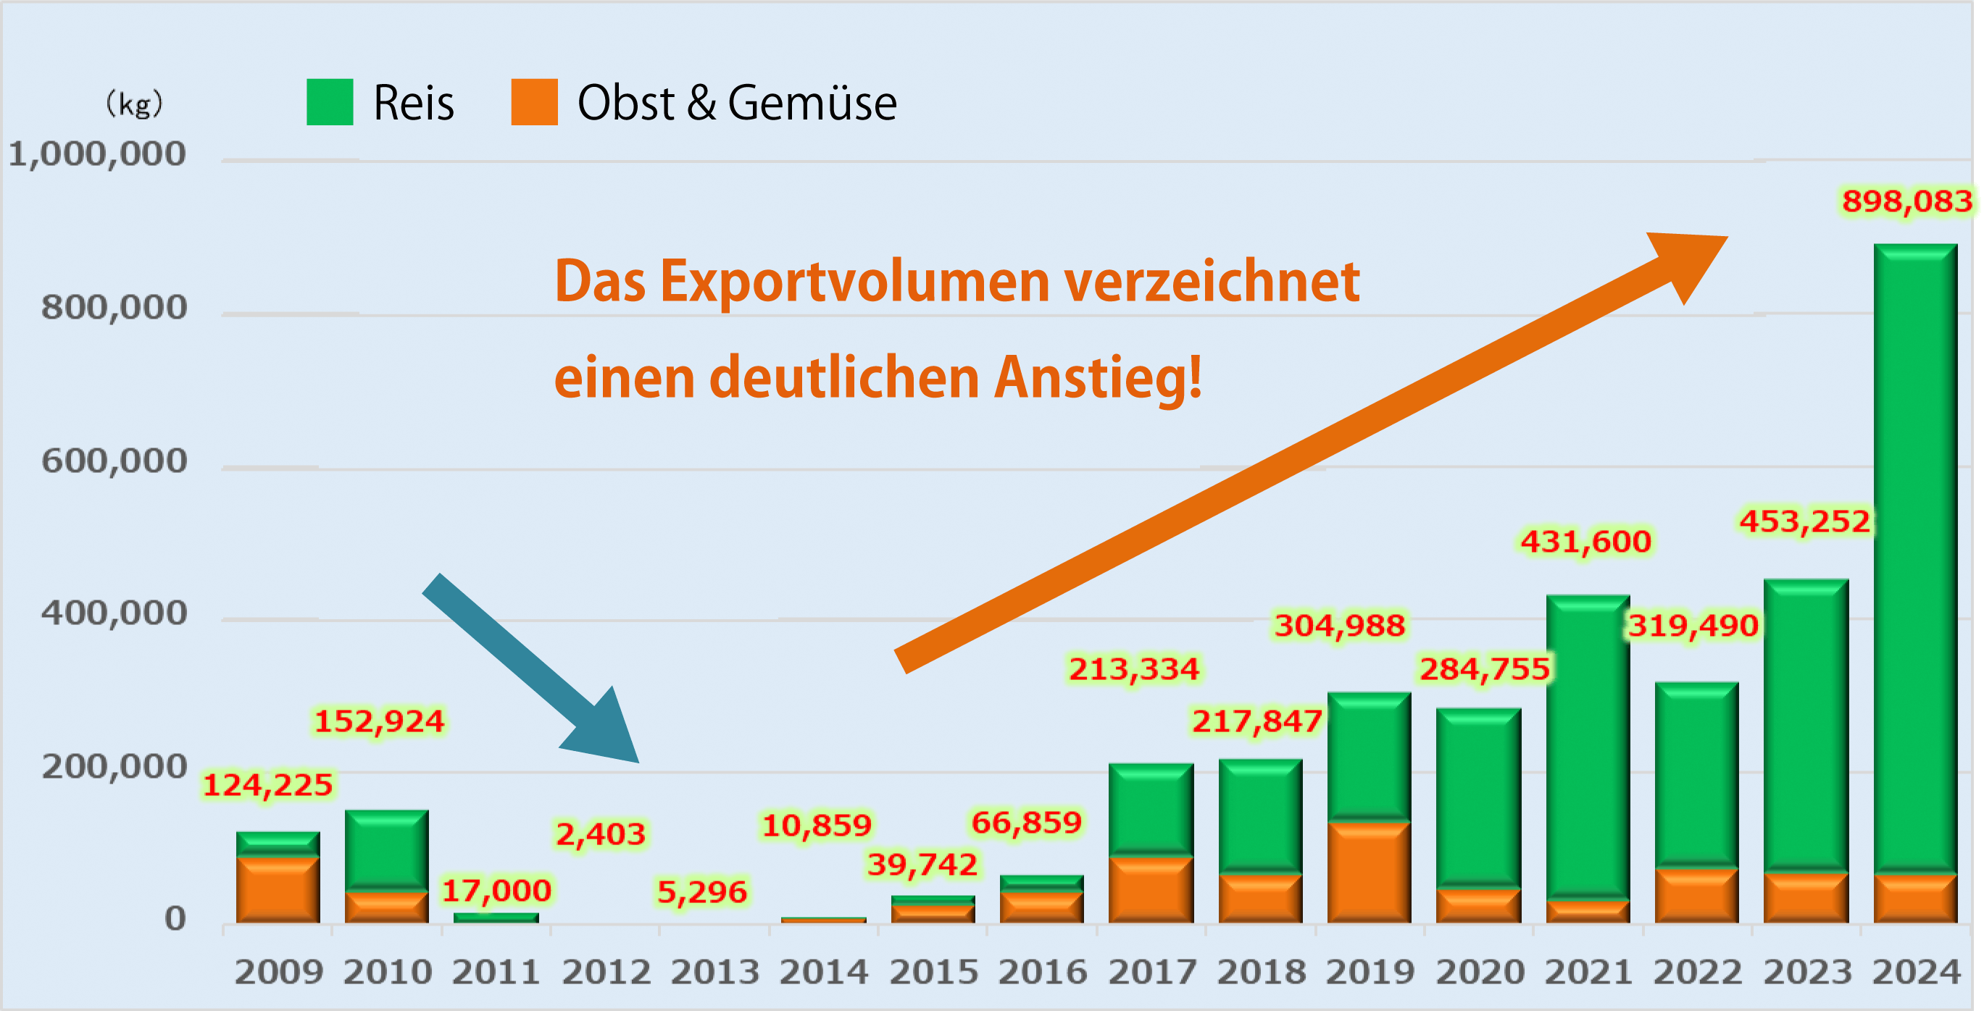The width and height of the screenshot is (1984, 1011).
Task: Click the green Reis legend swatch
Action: coord(330,101)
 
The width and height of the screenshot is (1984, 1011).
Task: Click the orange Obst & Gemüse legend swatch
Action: coord(534,101)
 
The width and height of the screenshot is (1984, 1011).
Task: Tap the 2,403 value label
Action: coord(601,834)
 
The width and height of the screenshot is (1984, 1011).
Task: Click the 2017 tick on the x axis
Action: coord(1152,972)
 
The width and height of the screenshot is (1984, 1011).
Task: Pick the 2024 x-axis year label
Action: coord(1916,972)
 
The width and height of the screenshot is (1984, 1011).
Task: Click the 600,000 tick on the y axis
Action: coord(114,461)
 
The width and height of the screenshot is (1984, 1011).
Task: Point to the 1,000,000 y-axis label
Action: coord(97,155)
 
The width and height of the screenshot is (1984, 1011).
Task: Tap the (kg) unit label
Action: coord(134,103)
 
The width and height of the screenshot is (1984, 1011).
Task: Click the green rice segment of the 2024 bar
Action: coord(1915,555)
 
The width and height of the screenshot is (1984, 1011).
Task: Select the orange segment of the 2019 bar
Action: coord(1370,872)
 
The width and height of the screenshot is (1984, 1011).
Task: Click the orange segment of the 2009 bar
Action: coord(278,889)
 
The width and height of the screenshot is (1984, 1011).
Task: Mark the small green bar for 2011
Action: coord(496,917)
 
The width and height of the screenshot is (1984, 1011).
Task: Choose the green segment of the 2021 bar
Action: coord(1588,747)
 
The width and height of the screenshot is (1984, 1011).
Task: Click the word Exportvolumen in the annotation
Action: coord(855,282)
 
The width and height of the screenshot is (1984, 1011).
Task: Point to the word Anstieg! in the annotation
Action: coord(1098,379)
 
